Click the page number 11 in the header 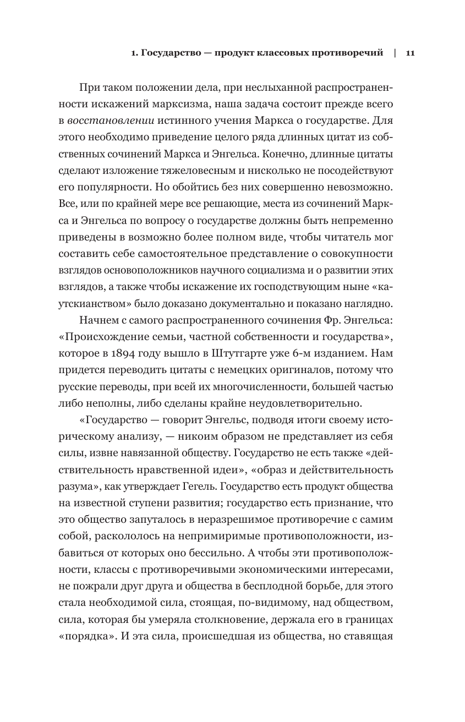pyautogui.click(x=409, y=53)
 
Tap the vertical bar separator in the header pyautogui.click(x=395, y=53)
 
